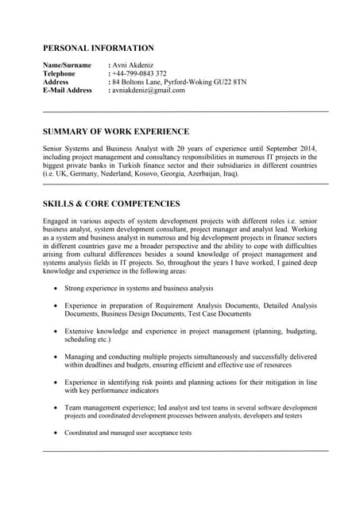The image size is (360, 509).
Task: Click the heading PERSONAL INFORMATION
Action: [99, 48]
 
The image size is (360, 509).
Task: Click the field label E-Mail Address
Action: [68, 90]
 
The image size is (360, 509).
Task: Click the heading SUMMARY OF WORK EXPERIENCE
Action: [116, 131]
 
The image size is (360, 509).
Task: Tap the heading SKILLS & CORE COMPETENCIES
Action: [111, 204]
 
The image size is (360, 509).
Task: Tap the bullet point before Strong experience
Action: [54, 288]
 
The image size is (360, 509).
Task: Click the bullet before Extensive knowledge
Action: [54, 331]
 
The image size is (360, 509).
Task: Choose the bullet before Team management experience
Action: [54, 408]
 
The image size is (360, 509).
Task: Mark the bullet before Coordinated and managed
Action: [54, 433]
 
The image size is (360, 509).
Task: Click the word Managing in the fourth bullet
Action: [81, 357]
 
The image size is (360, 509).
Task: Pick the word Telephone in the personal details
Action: [59, 73]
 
